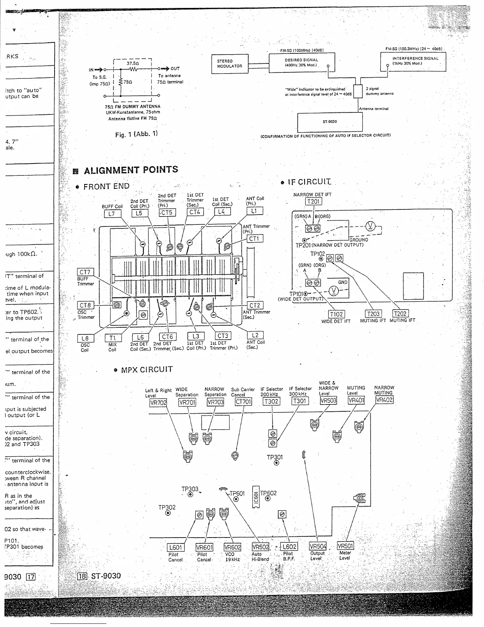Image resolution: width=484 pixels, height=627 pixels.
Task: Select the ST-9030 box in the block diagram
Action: pyautogui.click(x=330, y=122)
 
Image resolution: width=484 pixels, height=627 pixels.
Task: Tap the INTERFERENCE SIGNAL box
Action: pyautogui.click(x=413, y=61)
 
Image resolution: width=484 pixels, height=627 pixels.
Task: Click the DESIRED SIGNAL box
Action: pyautogui.click(x=301, y=62)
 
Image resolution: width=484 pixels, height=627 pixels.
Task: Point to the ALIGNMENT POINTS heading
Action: pyautogui.click(x=131, y=170)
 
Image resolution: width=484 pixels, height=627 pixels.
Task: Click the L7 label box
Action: pyautogui.click(x=112, y=214)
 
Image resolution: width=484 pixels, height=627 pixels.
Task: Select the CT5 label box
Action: pyautogui.click(x=167, y=213)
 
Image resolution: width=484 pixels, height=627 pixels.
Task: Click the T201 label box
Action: pyautogui.click(x=313, y=201)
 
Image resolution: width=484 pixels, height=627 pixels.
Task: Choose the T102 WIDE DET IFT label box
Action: pyautogui.click(x=336, y=314)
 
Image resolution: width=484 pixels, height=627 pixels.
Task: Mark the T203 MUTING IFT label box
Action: pyautogui.click(x=373, y=314)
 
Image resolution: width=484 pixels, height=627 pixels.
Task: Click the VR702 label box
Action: pyautogui.click(x=158, y=403)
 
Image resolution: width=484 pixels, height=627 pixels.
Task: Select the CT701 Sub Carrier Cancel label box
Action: pyautogui.click(x=243, y=402)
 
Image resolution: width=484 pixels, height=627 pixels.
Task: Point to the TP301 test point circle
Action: pyautogui.click(x=276, y=463)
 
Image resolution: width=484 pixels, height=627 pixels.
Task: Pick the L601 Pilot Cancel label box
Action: pyautogui.click(x=175, y=547)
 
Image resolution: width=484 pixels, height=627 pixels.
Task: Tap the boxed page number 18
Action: pyautogui.click(x=82, y=576)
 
